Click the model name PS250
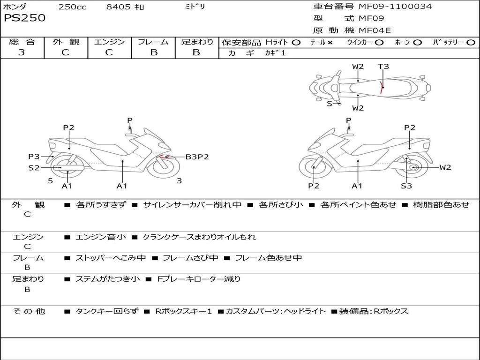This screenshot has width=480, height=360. tap(24, 18)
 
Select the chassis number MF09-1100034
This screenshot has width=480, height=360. tap(395, 6)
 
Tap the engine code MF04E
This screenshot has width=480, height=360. tap(375, 30)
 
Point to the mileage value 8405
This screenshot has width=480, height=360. tap(118, 7)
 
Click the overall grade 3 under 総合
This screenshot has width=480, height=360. tap(22, 52)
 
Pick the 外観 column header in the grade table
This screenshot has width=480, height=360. tap(66, 42)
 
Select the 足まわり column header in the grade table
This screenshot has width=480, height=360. tap(197, 42)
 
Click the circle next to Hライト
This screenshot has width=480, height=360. tap(296, 43)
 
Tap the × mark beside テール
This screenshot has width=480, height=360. tap(330, 43)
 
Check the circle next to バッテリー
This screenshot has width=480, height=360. tap(471, 43)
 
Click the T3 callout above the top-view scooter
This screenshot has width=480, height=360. tap(383, 66)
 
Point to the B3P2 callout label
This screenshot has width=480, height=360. tap(197, 157)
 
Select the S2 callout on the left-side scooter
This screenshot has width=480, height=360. tap(34, 168)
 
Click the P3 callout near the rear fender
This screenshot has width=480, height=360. tap(34, 157)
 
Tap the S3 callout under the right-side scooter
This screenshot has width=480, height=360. tap(406, 186)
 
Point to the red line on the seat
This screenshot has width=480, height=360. tap(382, 88)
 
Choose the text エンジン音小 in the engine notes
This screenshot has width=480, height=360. tap(101, 237)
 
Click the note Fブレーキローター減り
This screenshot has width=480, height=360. tap(199, 279)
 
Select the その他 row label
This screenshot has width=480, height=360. tap(29, 311)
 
